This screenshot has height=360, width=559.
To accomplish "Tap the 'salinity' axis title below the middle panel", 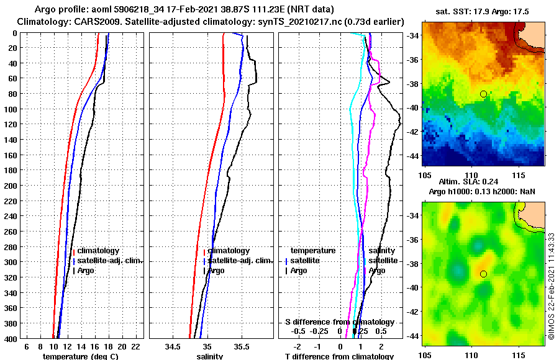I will tap(210, 356).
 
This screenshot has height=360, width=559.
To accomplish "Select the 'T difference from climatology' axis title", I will tap(339, 356).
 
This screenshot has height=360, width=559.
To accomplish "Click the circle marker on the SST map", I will tap(483, 94).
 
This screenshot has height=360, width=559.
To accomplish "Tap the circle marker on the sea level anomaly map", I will tap(483, 274).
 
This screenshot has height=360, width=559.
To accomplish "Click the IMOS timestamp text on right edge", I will tap(552, 286).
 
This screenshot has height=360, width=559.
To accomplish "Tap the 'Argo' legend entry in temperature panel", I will tap(85, 271).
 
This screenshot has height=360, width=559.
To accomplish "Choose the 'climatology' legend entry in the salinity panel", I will tap(229, 251).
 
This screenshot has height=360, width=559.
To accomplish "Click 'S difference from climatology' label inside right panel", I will tap(340, 322).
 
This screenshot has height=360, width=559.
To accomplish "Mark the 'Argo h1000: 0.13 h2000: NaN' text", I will tap(483, 191).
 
